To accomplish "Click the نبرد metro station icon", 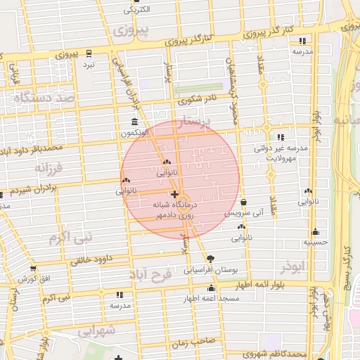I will (x=89, y=53).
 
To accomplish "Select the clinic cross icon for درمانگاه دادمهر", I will (x=174, y=193).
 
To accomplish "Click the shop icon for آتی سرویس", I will (x=243, y=202).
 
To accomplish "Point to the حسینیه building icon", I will (x=316, y=232).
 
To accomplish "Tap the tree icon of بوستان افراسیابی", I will (x=211, y=259).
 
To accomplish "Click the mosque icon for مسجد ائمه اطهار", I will (x=211, y=288).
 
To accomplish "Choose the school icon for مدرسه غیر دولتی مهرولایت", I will (x=281, y=138).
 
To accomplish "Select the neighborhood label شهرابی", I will (x=96, y=330).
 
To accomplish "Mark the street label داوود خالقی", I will (x=92, y=259).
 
